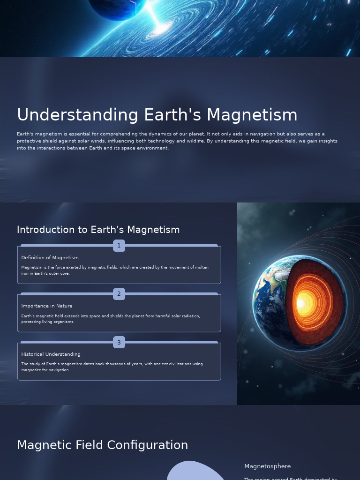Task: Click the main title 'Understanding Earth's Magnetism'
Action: [157, 115]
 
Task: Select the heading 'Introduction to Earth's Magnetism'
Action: [98, 230]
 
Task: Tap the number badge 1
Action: [119, 246]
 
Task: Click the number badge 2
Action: [119, 294]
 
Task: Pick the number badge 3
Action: [119, 342]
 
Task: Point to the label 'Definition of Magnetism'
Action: [50, 258]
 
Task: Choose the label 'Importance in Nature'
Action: [47, 306]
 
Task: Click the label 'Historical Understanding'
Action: [51, 354]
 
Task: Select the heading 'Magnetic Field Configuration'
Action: [102, 445]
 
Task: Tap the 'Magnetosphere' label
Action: [267, 466]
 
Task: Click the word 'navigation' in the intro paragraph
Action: [255, 134]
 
